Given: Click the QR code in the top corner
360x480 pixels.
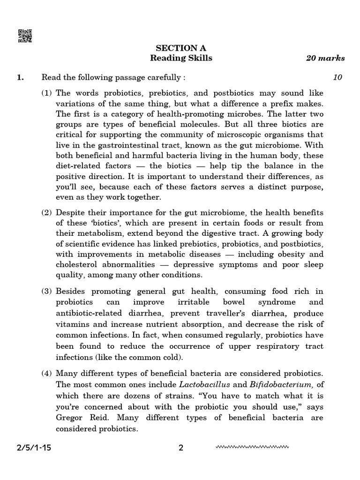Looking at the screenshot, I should click(25, 36).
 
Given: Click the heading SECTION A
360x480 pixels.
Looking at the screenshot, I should click(181, 48).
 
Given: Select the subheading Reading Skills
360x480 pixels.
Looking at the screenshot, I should click(181, 58).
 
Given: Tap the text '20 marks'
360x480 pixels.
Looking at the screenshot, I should click(325, 59).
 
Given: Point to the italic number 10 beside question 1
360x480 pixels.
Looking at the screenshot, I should click(337, 77).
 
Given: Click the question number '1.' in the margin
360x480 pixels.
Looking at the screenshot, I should click(20, 77).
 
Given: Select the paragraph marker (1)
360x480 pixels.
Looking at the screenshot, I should click(47, 93).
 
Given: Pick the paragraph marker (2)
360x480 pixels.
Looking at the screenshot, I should click(47, 212).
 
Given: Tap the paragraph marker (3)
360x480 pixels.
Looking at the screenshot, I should click(47, 292).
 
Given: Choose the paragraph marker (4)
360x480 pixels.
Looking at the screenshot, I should click(47, 374).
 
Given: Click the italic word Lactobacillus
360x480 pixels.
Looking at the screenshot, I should click(194, 385).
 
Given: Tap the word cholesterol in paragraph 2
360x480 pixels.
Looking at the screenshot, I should click(75, 265).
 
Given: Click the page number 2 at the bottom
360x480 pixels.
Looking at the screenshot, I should click(181, 448).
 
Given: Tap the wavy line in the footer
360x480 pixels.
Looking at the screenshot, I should click(252, 447).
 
